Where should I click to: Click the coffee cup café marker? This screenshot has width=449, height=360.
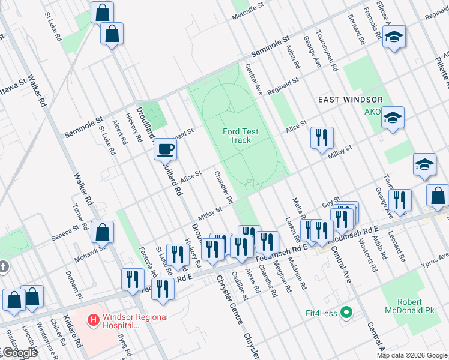click(x=165, y=149)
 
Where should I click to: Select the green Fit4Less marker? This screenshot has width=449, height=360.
click(x=345, y=312)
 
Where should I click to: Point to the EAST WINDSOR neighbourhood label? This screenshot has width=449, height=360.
click(x=350, y=99)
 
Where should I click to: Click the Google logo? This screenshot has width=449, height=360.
click(x=19, y=353)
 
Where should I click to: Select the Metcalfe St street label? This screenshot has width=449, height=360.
click(x=248, y=13)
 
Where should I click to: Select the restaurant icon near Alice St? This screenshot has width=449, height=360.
click(x=321, y=138)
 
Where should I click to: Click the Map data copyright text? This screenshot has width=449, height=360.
click(x=412, y=355)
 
